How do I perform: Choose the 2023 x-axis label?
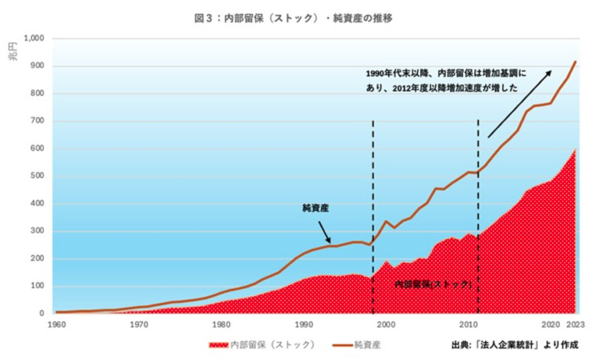pos(576,323)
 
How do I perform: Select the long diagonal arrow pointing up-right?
pos(519,104)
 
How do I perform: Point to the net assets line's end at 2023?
pos(576,61)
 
